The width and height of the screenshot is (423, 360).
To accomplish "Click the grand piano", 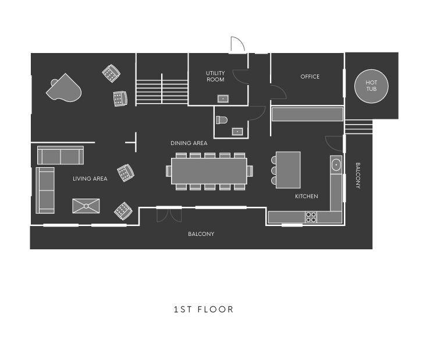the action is [64, 88].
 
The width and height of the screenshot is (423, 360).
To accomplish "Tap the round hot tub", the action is [371, 86].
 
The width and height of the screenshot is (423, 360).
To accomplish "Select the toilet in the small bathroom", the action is [222, 119].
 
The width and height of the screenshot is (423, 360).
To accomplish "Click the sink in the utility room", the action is [223, 99].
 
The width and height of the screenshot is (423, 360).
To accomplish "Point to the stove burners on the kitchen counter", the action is [311, 217].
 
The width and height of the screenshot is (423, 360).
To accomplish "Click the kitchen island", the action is [288, 170].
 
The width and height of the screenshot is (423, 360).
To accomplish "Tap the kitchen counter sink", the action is [336, 164].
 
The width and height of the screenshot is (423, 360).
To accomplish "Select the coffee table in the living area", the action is [86, 206].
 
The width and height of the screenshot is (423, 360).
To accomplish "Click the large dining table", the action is [209, 171].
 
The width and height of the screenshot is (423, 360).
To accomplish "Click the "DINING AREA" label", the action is [189, 143].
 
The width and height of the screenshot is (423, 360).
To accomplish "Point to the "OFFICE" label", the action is [310, 77].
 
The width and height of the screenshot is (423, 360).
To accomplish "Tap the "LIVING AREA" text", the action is [90, 178].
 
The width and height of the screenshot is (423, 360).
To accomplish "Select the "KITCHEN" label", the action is [307, 196].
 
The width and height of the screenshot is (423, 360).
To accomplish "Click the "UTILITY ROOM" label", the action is [215, 76].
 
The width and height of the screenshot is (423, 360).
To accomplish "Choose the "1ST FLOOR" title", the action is [204, 309].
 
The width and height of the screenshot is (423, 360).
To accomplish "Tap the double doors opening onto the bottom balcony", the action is [169, 215].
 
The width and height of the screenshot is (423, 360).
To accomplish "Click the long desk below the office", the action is [307, 114].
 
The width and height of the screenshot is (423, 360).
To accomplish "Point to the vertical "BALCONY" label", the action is [358, 175].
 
